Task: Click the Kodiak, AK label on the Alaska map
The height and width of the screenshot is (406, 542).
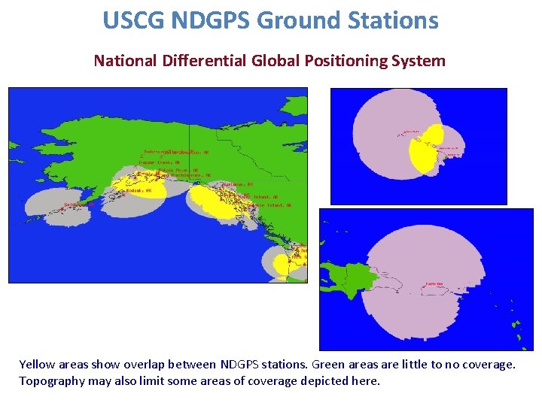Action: coord(139,190)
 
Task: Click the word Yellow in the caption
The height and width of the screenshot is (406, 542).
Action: coord(37,365)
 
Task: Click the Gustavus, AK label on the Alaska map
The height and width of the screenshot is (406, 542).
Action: coord(240,183)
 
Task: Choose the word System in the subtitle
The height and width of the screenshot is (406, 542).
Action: coord(425,61)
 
